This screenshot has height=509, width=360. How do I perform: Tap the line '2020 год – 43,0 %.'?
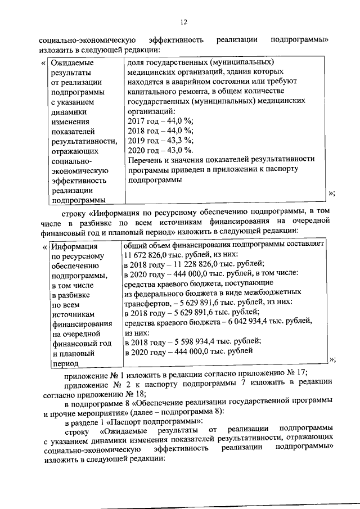(x=161, y=150)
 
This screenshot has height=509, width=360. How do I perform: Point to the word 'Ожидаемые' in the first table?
(x=71, y=62)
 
